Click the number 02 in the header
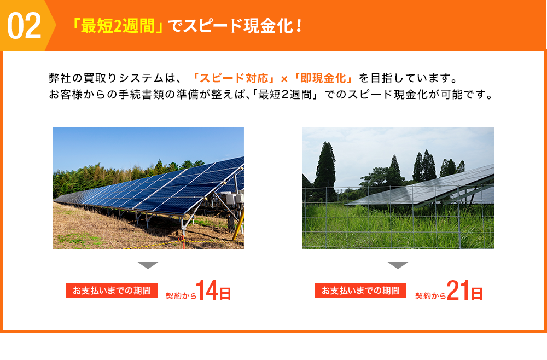[25, 26]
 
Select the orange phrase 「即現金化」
[323, 77]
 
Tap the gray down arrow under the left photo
[148, 265]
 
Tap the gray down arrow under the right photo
[398, 265]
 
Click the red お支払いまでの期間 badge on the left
[112, 291]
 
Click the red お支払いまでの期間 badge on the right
[360, 291]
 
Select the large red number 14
[207, 291]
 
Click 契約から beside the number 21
[430, 295]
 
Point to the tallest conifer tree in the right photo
[326, 164]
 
